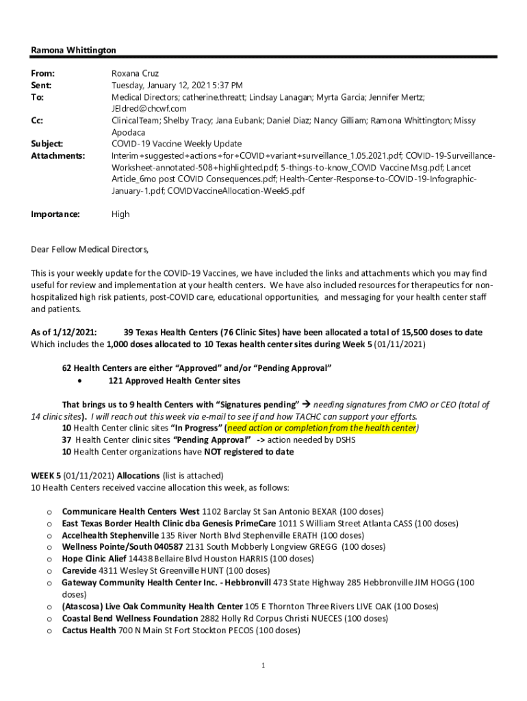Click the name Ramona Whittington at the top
[x=74, y=50]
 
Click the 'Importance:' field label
[x=55, y=214]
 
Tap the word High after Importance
[x=120, y=214]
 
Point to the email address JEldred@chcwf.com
[x=149, y=109]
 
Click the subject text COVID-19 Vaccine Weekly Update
[x=177, y=144]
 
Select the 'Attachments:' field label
[x=58, y=155]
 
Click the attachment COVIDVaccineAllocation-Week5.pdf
[x=236, y=190]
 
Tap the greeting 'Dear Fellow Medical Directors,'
[x=90, y=248]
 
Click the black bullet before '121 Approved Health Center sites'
[x=81, y=381]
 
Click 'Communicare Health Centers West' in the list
[x=131, y=511]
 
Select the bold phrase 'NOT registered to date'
[x=248, y=452]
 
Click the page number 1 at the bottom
[x=263, y=665]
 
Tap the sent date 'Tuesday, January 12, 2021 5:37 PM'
[x=177, y=86]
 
